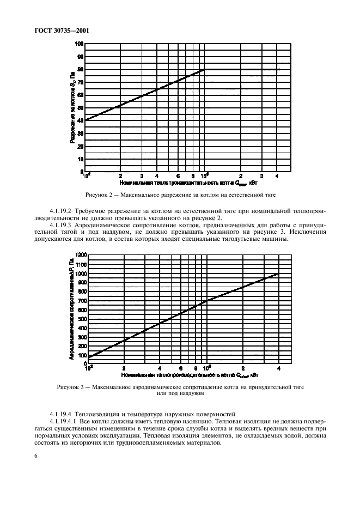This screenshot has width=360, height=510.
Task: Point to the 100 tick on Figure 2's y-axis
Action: (80, 44)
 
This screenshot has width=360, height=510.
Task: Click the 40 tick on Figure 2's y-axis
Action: (81, 120)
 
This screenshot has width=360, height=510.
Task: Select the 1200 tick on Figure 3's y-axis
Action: (80, 254)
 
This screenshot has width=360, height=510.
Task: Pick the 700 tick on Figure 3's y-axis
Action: (81, 301)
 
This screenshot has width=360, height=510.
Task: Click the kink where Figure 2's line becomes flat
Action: (204, 69)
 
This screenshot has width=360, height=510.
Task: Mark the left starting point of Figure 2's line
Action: (86, 120)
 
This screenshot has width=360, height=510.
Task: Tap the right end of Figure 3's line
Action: (279, 274)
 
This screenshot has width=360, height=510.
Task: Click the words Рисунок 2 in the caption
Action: (100, 195)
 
